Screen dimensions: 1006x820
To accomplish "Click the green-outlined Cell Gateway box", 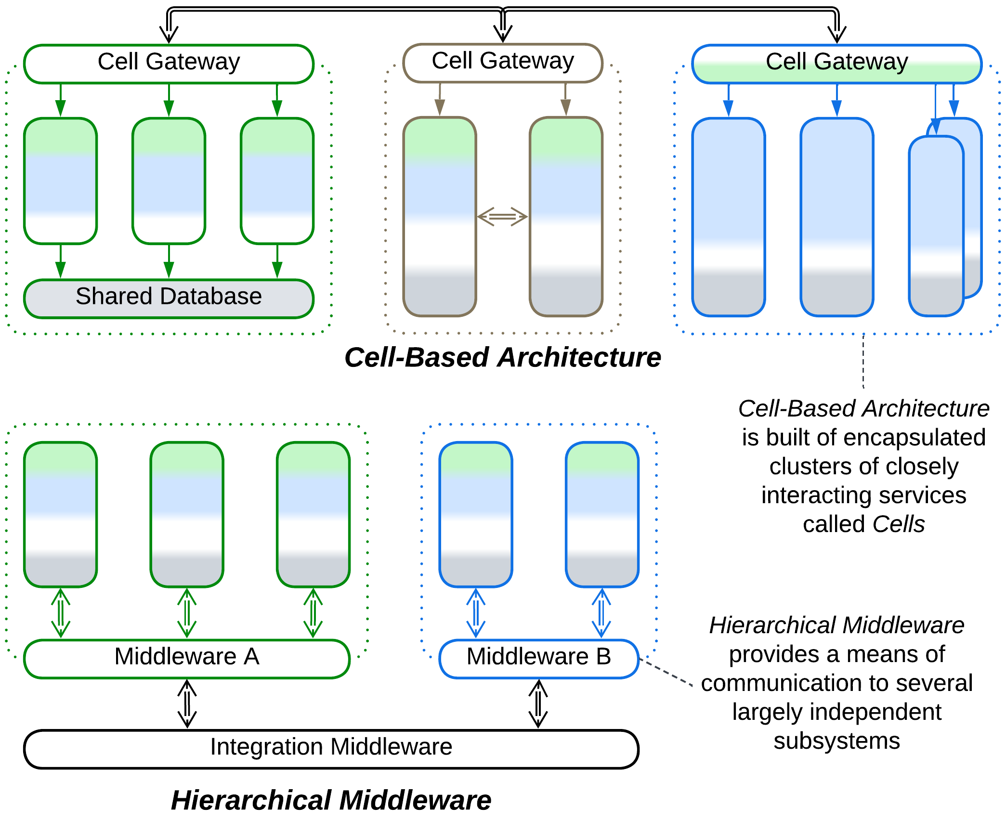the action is coord(169,64).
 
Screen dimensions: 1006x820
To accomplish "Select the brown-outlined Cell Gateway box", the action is coord(503,63).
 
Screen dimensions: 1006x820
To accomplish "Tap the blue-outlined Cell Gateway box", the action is coord(837,64).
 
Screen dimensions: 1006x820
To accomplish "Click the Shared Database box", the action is coord(169,299).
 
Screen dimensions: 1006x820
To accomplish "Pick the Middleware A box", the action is coord(187,659).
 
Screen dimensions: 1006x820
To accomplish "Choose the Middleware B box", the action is coord(539,659).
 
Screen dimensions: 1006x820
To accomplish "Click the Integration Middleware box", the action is coord(331,749).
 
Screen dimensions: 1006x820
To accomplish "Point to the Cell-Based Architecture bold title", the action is coord(503,357).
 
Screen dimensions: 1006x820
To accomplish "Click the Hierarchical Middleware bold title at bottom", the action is coord(331,800).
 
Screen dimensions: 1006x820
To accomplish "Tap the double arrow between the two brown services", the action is coord(503,217).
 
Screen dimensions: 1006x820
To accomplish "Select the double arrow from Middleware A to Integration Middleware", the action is coord(187,704).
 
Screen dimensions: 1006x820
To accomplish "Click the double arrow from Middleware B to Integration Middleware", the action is coord(538,704).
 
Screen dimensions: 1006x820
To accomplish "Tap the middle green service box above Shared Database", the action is coord(169,181).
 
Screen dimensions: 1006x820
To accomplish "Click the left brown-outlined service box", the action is coord(440,217).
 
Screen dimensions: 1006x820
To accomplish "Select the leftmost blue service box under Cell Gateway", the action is coord(728,217).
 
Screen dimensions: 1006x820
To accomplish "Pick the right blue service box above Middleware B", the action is coord(602,514).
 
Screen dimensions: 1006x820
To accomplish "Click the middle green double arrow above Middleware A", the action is coord(187,613).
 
